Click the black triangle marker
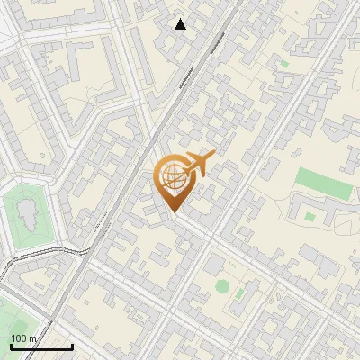coord(181,24)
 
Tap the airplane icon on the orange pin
coord(198,164)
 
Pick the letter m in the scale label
coord(33,338)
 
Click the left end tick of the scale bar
coord(11,346)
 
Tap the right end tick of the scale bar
coord(72,346)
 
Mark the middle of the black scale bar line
coord(41,347)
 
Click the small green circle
coord(222,286)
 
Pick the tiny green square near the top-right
coord(285,64)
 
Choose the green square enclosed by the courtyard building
coord(310,216)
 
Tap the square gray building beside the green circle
coord(216,265)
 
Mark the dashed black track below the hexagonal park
coord(27,261)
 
